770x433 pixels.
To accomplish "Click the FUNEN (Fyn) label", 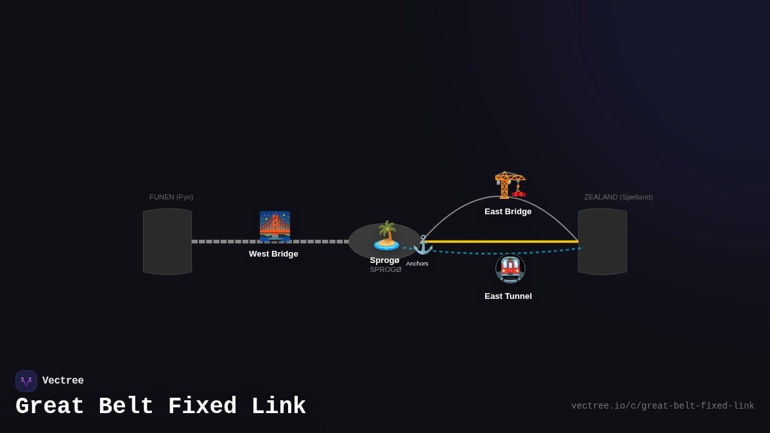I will coord(171,197).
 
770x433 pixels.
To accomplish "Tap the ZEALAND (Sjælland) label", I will coord(618,197).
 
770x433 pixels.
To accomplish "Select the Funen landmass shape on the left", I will coord(167,242).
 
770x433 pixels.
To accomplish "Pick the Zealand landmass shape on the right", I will coord(602,242).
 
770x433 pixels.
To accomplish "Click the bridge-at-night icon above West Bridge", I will coord(275,226).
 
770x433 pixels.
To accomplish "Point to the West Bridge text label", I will coord(273,254).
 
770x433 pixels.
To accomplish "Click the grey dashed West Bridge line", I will coord(225,242).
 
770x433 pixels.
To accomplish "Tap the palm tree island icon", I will coord(386,235).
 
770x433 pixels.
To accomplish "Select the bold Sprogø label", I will coord(384,260).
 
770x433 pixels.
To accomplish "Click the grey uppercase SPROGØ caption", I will coord(386,270).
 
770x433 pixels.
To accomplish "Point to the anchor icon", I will coord(423,244).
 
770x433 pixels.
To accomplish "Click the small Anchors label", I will coord(417,264).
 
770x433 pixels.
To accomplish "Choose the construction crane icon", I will coord(510,185).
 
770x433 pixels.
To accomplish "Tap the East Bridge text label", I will coord(508,212).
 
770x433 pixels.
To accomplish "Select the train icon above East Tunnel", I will coord(510,269).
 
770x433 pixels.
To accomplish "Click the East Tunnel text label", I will coord(508,296).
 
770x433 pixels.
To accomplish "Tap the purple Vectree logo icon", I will coord(26,381).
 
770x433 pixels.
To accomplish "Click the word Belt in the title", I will coord(126,407).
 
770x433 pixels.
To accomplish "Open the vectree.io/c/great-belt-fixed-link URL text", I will coord(662,406).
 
